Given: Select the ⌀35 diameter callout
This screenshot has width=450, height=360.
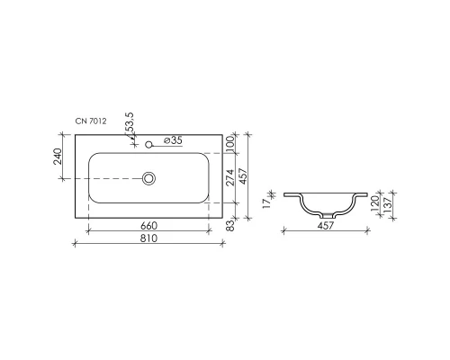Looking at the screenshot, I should (x=175, y=139).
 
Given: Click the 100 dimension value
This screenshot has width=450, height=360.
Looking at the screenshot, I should (x=231, y=144).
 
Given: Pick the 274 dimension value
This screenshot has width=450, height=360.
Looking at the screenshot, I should (x=231, y=178).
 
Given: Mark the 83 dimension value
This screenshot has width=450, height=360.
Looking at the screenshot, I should (x=231, y=223).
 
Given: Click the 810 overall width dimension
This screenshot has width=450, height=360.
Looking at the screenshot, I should (x=148, y=238).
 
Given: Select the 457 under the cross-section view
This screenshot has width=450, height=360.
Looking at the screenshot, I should (x=326, y=226).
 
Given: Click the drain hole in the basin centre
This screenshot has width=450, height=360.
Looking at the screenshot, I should (x=149, y=178).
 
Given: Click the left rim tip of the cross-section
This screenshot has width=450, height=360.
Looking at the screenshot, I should (x=284, y=193).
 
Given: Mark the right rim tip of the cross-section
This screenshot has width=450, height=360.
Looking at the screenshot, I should (x=367, y=193).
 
